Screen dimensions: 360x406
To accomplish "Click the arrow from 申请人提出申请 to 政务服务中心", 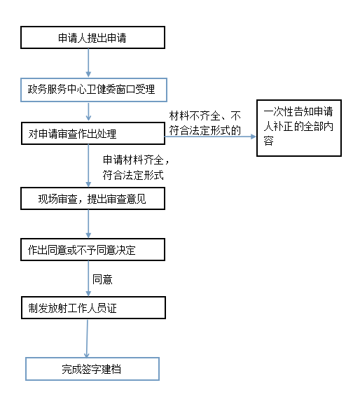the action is (x=88, y=63).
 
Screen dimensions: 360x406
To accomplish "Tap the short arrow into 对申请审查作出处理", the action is (x=88, y=111).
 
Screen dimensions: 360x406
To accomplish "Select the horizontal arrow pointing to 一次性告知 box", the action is (x=210, y=136).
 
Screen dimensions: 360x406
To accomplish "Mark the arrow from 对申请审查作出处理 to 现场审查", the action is (x=88, y=166).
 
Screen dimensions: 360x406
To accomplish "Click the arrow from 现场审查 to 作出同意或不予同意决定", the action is (x=88, y=224).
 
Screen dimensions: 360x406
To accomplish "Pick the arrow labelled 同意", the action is (x=88, y=279).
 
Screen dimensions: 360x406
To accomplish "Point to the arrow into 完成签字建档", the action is (x=87, y=338).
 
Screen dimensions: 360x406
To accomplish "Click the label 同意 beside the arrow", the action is (x=102, y=279).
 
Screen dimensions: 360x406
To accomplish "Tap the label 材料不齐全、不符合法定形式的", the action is (x=205, y=123).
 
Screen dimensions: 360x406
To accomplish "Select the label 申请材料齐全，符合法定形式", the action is (x=136, y=167).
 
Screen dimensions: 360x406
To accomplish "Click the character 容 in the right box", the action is (x=268, y=141).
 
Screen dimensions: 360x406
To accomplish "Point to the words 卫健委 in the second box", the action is (x=101, y=90).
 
